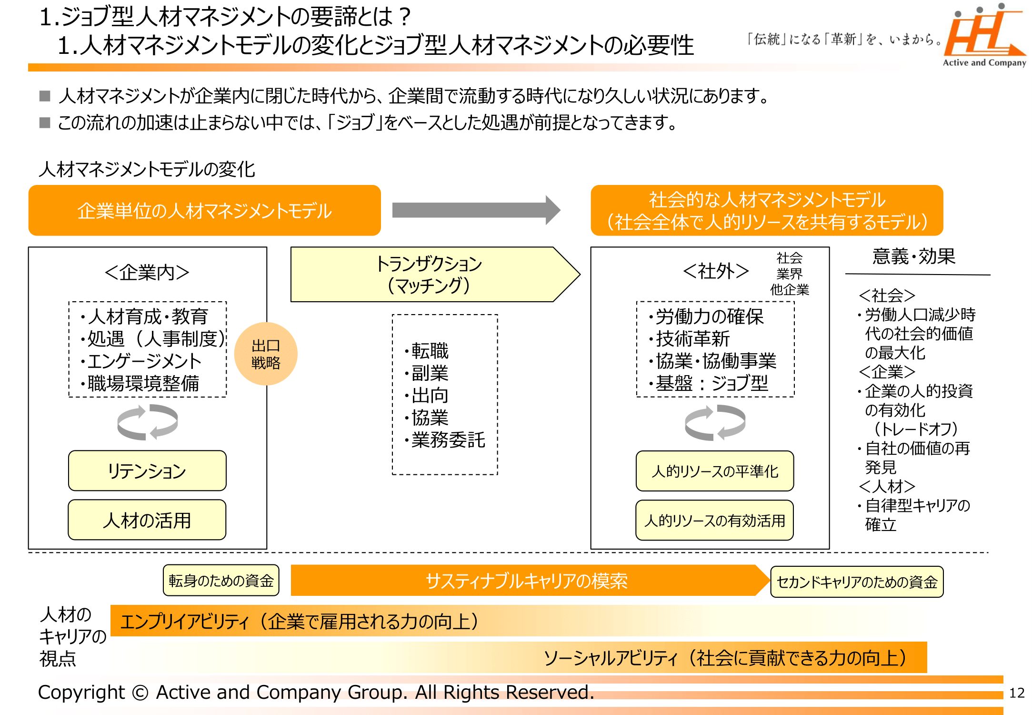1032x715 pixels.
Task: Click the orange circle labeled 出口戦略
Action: coord(266,354)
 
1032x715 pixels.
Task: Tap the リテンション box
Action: coord(147,471)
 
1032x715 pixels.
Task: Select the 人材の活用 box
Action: coord(147,520)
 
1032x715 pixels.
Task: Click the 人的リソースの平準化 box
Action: coord(715,471)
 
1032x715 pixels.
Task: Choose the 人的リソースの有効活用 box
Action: coord(715,521)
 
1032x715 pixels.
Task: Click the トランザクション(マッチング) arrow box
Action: coord(429,275)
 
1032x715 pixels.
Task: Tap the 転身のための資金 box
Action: coord(221,581)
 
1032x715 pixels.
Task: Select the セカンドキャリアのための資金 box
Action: coord(857,582)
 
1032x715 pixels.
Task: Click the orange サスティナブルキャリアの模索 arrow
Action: coord(526,581)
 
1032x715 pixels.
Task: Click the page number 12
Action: coord(1017,693)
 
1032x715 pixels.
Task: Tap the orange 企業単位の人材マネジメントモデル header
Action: coord(204,211)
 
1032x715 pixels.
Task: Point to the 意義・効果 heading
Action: coord(913,256)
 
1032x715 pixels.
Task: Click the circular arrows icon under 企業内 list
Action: coord(147,422)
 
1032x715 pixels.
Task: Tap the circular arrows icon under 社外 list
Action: coord(715,422)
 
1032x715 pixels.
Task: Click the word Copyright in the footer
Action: coord(81,693)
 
